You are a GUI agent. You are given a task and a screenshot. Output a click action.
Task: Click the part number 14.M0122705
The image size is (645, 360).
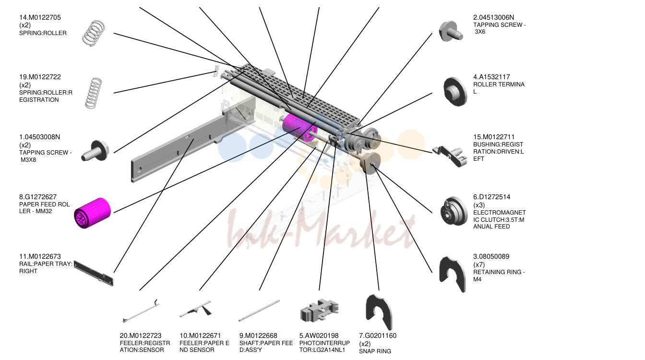coord(40,18)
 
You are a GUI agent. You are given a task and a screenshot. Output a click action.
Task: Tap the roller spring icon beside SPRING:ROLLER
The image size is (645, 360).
coord(94,33)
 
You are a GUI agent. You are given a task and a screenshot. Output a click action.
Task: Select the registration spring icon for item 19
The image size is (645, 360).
coord(94,93)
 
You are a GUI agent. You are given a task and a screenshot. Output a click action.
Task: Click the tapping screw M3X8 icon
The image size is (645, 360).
coord(95,151)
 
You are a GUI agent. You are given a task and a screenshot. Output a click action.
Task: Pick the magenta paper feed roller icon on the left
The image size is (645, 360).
coord(92,213)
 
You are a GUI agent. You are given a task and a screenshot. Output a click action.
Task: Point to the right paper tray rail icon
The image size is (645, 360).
coord(93,273)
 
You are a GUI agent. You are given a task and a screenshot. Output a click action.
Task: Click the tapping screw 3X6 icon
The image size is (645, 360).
coord(451,31)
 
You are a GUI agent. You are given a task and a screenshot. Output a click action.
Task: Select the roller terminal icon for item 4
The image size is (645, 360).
coord(455,91)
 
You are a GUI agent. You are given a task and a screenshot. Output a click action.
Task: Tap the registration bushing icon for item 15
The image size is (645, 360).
coord(450,156)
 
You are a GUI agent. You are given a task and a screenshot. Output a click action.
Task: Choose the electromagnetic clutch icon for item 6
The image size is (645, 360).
coord(454,211)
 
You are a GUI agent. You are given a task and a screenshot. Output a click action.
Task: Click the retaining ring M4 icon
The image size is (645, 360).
coord(452,274)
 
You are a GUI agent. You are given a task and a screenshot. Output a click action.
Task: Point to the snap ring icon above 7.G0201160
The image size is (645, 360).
coord(379,312)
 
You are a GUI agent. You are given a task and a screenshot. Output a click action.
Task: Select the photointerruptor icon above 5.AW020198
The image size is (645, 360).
coord(319,311)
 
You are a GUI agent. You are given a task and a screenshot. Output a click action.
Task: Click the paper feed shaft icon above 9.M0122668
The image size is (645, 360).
coord(259,311)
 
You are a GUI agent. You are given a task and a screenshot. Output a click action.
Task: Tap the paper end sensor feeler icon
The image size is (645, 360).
coord(196,309)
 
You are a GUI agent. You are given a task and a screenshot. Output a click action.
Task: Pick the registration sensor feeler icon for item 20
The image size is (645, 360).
coord(141,311)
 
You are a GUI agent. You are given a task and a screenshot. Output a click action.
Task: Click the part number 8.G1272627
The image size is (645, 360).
coord(38,197)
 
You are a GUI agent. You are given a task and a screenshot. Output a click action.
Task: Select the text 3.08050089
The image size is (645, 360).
coord(491,257)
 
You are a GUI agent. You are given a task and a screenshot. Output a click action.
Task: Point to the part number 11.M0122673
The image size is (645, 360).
coord(40,257)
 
